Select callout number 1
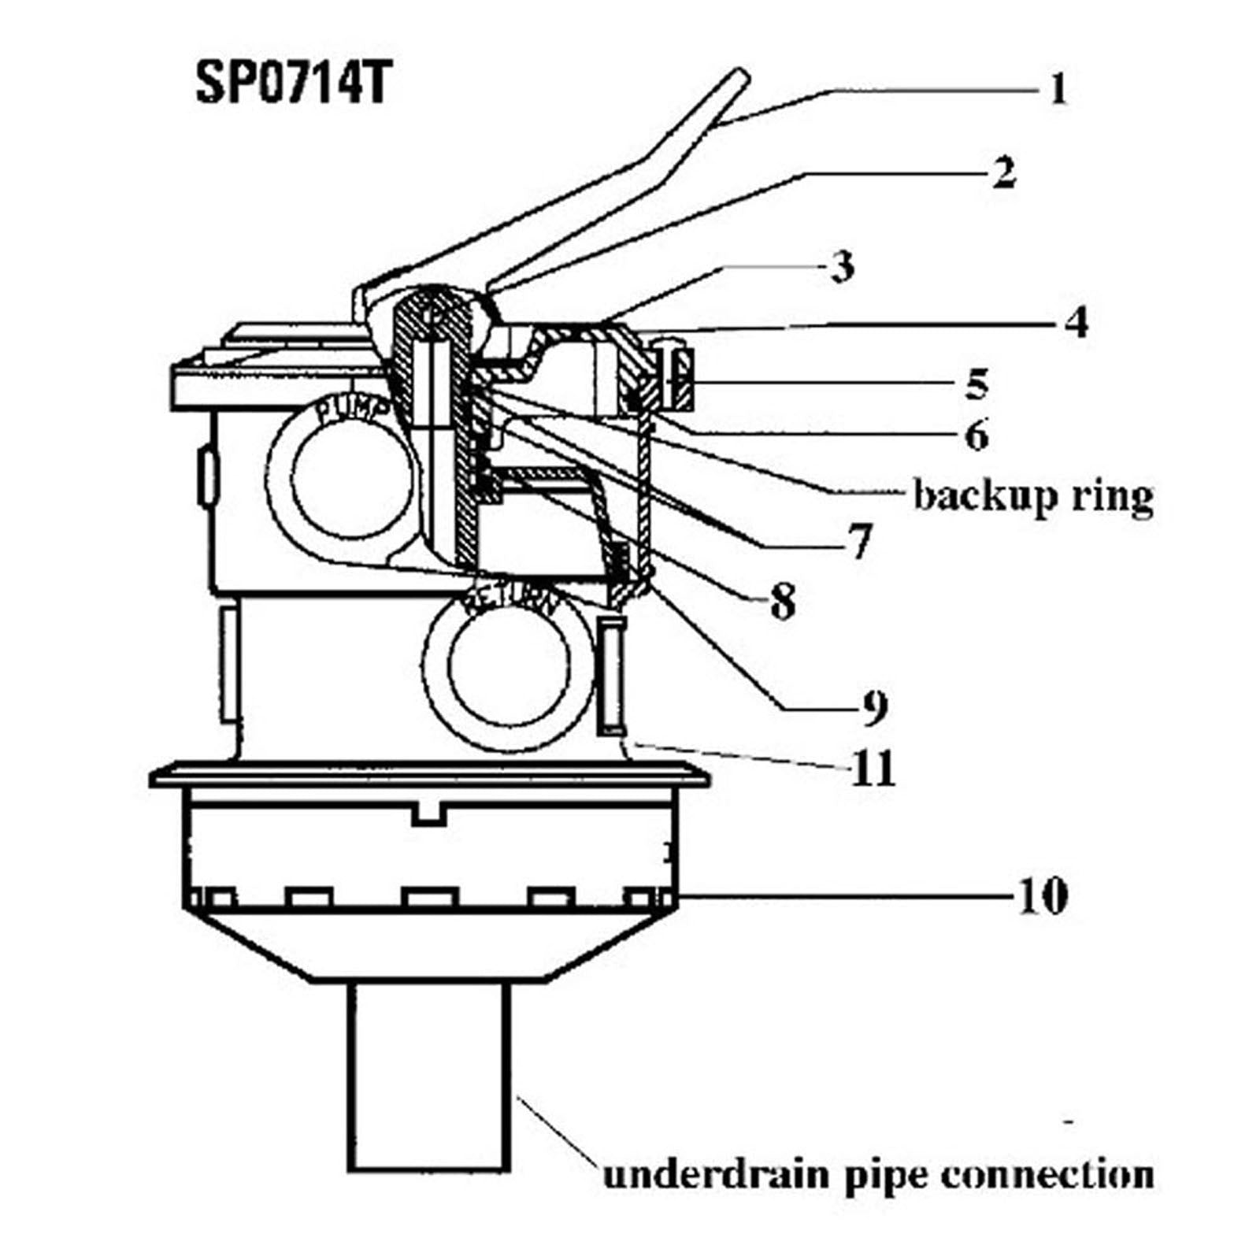click(x=1058, y=89)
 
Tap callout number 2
click(x=1002, y=172)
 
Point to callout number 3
click(x=842, y=267)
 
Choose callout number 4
click(x=1076, y=321)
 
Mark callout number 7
click(x=859, y=541)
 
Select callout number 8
click(x=782, y=602)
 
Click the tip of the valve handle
click(x=739, y=79)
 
